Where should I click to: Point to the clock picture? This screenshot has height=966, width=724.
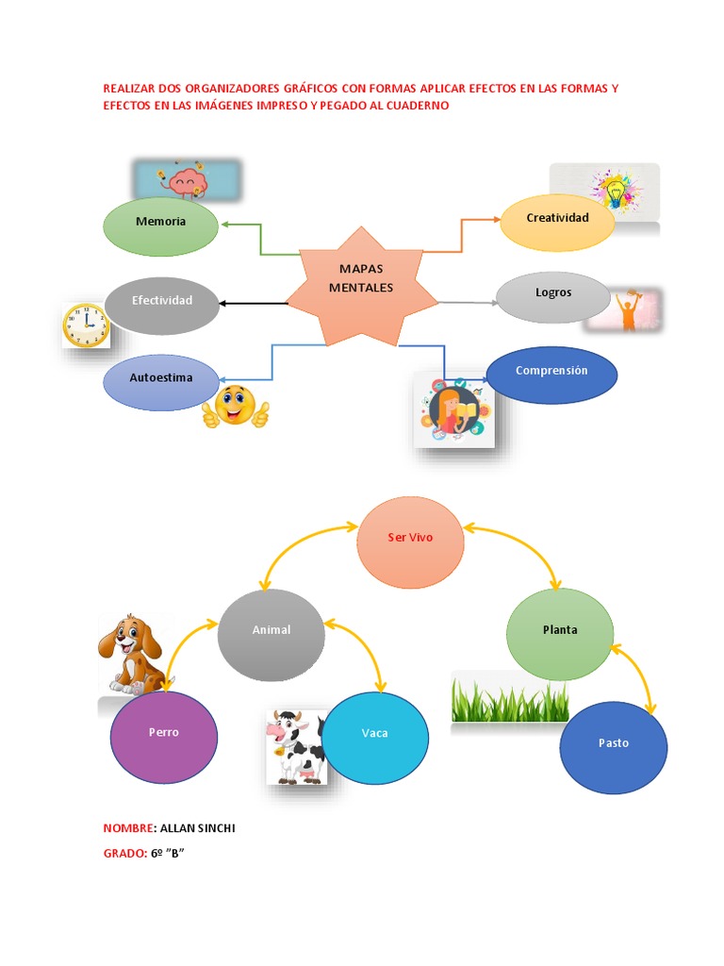tap(86, 325)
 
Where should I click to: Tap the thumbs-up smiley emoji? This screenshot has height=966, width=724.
tap(236, 407)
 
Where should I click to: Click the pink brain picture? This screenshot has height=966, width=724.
tap(186, 180)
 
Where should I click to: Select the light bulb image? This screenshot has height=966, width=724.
tap(605, 192)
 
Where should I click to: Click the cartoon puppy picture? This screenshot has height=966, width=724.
tap(130, 653)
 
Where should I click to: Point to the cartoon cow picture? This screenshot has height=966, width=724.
tap(296, 747)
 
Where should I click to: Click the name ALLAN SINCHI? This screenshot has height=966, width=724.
tap(198, 828)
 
